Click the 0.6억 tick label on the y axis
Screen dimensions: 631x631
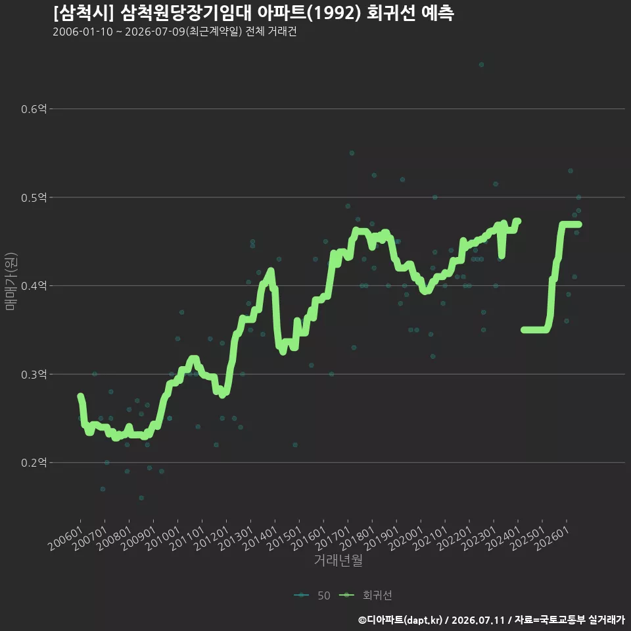coord(34,108)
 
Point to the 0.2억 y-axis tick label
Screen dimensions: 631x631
coord(34,462)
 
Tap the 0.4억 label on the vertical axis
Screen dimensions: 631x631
coord(34,286)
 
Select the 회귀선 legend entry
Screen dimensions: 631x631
coord(365,596)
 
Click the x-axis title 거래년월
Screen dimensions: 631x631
coord(338,560)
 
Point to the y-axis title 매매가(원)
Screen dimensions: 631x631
coord(11,281)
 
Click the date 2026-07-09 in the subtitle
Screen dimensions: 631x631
coord(154,32)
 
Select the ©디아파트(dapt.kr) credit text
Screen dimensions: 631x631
coord(400,620)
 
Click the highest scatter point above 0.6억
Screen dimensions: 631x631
coord(481,65)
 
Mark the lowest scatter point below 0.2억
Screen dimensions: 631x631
coord(141,498)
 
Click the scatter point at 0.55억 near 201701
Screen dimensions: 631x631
coord(352,153)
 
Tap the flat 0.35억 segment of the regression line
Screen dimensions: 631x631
coord(534,330)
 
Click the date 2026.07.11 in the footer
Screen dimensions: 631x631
coord(478,620)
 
